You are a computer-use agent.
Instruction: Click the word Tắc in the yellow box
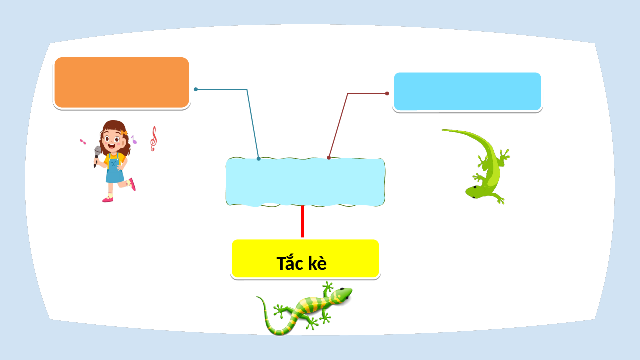tap(290, 262)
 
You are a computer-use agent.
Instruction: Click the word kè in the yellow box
tap(317, 263)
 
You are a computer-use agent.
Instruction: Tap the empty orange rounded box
tap(122, 83)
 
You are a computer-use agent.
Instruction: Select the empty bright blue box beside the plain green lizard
tap(467, 91)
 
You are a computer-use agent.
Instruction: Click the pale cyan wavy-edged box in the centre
tap(305, 182)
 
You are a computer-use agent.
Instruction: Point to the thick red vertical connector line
tap(302, 221)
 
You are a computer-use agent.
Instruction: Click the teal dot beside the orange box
tap(196, 89)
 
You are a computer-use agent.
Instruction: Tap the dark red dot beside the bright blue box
tap(387, 94)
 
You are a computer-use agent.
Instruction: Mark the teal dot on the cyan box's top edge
tap(259, 159)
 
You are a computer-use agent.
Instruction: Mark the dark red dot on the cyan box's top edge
tap(329, 158)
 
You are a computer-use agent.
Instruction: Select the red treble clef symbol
tap(153, 139)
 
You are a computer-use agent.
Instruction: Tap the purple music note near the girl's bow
tap(134, 140)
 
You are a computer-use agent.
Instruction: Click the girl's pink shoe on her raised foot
tap(132, 184)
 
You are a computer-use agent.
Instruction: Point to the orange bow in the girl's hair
tap(124, 133)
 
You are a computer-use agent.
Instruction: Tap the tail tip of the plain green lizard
tap(443, 130)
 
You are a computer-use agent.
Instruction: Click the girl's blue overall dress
tap(115, 169)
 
